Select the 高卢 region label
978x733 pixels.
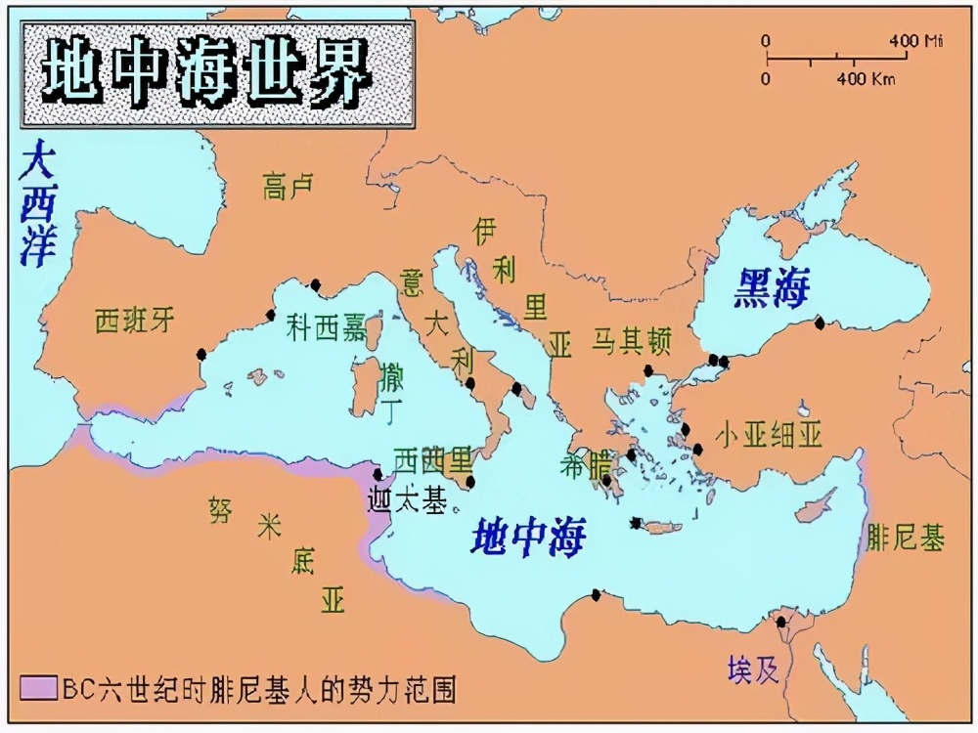(288, 185)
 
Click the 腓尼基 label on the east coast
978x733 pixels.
(906, 537)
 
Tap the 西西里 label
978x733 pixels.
(431, 459)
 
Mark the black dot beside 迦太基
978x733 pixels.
(378, 474)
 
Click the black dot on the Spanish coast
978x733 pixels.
(201, 354)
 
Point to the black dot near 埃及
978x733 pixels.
(780, 622)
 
